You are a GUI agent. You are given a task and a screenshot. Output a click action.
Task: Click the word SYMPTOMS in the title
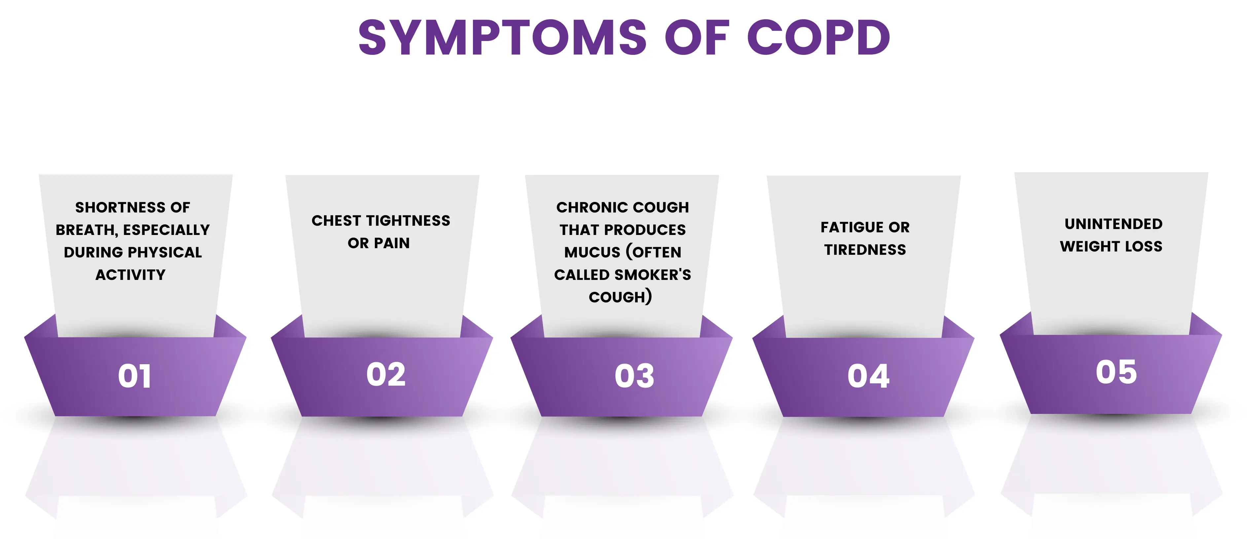(502, 37)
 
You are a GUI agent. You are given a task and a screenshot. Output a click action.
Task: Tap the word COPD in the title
(818, 37)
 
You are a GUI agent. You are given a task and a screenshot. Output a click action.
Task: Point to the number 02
(386, 375)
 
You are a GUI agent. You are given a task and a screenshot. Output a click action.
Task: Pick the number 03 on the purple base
(634, 376)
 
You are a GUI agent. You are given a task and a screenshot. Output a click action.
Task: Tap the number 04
(868, 376)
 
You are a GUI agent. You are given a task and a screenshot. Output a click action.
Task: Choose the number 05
(1116, 372)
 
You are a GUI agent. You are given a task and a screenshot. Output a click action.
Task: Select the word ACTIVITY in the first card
(130, 275)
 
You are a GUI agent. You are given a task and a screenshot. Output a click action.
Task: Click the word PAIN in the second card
(392, 243)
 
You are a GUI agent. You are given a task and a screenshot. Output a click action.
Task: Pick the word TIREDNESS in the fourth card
(865, 250)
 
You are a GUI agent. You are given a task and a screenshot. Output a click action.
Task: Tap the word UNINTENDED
(1113, 224)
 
